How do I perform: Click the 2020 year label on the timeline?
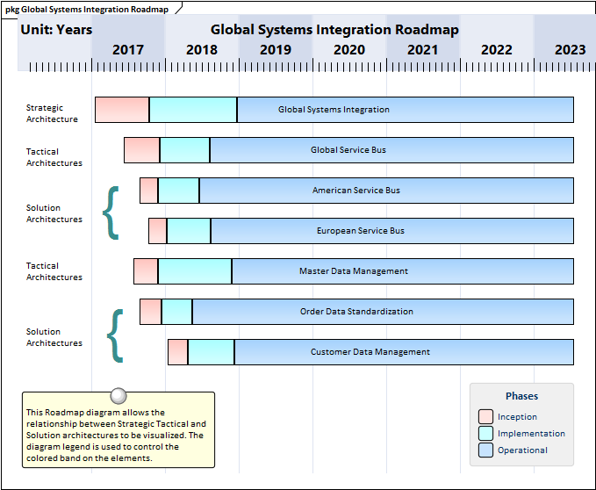point(349,50)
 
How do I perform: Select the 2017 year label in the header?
point(128,50)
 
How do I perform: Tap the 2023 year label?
point(571,50)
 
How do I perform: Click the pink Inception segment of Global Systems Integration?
point(122,110)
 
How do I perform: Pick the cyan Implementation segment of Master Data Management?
point(195,271)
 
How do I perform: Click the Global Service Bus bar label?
point(348,150)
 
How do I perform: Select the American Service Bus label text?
point(356,191)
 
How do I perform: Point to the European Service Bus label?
point(361,231)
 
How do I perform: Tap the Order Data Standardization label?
point(356,312)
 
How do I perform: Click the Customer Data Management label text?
point(370,352)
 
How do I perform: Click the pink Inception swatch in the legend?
point(485,417)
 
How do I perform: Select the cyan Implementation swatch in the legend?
point(485,434)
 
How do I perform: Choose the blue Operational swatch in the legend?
point(485,450)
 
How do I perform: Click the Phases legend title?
point(522,396)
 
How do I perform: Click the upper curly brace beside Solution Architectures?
point(111,212)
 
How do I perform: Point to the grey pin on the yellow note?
point(118,396)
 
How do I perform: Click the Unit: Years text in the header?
point(56,30)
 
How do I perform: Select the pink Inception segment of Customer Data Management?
point(177,352)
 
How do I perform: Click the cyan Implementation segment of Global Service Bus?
point(184,150)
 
